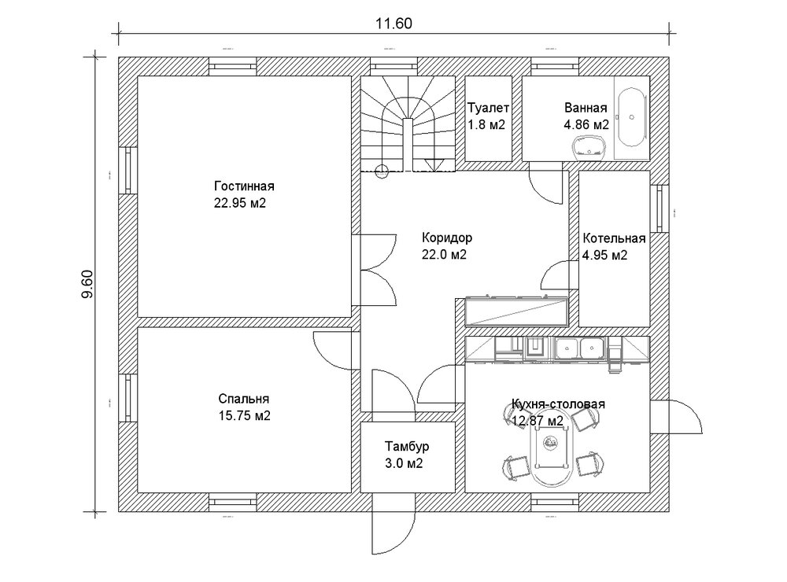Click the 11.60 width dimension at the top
[394, 24]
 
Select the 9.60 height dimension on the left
[87, 283]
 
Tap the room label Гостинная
[243, 186]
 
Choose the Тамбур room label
[408, 447]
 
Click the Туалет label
[488, 108]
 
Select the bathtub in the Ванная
[631, 118]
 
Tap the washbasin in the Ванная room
[588, 145]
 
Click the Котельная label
[614, 239]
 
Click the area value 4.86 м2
[586, 124]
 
